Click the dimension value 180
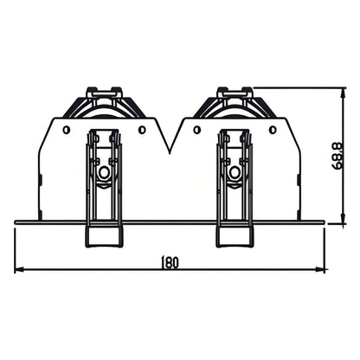tap(170, 262)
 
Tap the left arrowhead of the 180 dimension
tap(19, 270)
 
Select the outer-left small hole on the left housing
tap(65, 130)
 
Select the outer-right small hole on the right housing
tap(273, 130)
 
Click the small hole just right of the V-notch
tap(198, 130)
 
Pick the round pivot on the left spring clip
tap(104, 172)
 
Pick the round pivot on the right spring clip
tap(234, 172)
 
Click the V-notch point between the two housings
tap(170, 152)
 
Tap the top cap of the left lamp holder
tap(104, 90)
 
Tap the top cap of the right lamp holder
tap(235, 90)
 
